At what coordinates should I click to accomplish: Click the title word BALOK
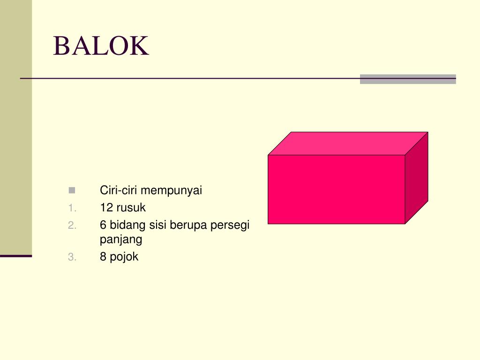(101, 46)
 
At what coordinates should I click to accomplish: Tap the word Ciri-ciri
(119, 191)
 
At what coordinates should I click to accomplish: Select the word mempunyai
(172, 191)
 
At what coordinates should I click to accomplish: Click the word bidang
(128, 225)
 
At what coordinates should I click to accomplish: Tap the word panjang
(121, 240)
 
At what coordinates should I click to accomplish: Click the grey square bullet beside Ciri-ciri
(71, 190)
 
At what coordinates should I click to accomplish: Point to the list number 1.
(71, 208)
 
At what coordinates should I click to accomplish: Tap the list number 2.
(71, 225)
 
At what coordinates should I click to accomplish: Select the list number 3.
(71, 257)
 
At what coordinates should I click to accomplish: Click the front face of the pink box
(336, 189)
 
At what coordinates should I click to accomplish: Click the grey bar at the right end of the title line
(408, 79)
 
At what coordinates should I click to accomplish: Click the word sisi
(158, 225)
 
